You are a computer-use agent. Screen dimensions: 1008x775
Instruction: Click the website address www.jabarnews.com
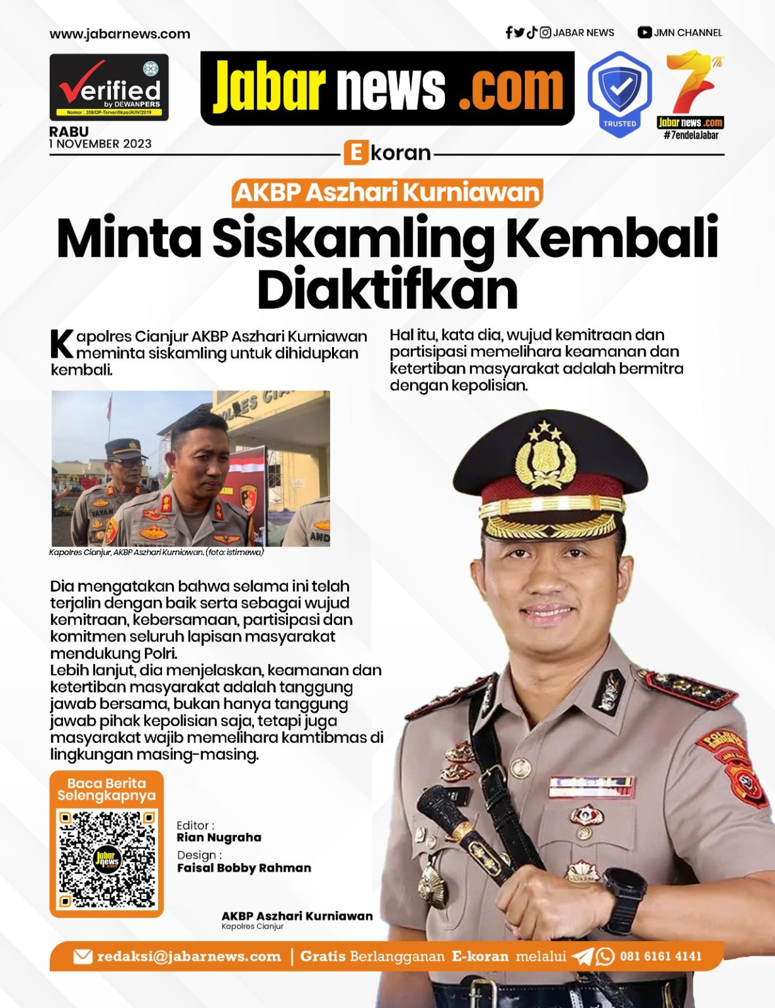(119, 34)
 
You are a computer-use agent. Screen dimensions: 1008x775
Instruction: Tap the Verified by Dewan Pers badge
(109, 88)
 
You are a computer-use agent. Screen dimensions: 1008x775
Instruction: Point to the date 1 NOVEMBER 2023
(100, 144)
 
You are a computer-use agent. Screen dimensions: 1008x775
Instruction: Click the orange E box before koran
(355, 153)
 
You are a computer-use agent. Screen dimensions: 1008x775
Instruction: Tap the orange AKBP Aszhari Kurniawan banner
(387, 193)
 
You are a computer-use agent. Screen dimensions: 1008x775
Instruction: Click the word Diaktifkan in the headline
(387, 288)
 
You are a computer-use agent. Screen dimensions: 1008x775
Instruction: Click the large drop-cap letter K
(62, 344)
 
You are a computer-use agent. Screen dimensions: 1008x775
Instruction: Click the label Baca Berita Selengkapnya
(106, 789)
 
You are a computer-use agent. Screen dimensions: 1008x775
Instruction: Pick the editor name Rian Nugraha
(219, 837)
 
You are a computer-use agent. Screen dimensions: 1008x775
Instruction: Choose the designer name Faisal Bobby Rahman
(244, 868)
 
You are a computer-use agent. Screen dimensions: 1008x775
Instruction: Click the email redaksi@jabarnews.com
(188, 956)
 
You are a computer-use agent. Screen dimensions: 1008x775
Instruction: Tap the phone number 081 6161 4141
(661, 956)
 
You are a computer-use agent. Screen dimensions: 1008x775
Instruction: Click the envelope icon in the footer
(83, 956)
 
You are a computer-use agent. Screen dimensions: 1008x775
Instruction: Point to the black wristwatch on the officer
(623, 893)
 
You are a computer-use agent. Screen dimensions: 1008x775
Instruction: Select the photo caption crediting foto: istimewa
(156, 553)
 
